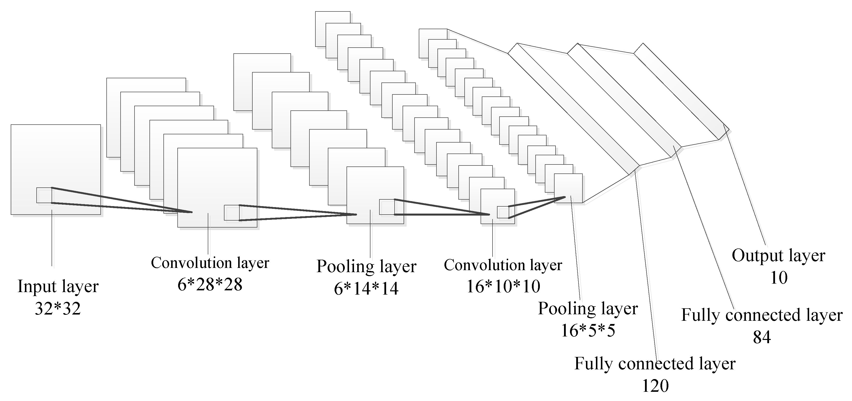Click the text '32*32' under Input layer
[x=58, y=309]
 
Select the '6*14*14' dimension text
[x=366, y=289]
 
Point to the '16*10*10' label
[x=503, y=287]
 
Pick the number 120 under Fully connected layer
[x=655, y=386]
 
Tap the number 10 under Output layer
[x=779, y=278]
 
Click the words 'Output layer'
[x=778, y=256]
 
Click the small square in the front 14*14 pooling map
[x=387, y=207]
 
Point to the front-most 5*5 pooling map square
[x=568, y=188]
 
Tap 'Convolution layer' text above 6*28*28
[x=210, y=263]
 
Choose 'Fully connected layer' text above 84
[x=762, y=315]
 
